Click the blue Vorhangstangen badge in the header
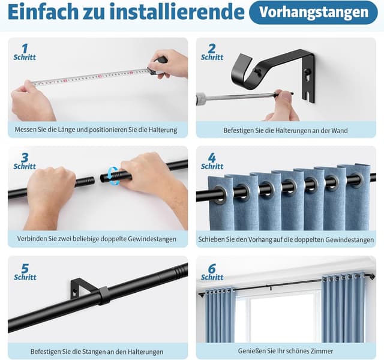tap(313, 12)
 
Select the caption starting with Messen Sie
tap(97, 130)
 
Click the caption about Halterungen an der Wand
tap(286, 130)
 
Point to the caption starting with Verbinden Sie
tap(97, 239)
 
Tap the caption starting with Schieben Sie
tap(286, 239)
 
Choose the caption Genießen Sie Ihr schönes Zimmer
tap(286, 351)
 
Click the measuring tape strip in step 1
tap(90, 77)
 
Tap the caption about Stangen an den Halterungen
tap(97, 351)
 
